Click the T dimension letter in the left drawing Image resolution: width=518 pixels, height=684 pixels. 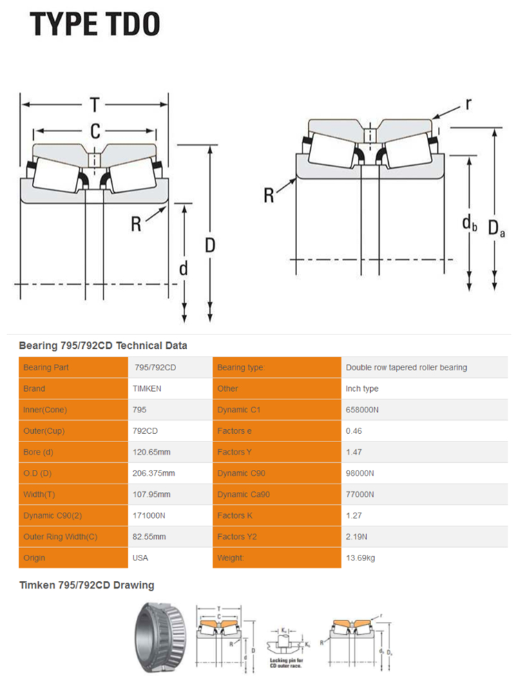pyautogui.click(x=95, y=105)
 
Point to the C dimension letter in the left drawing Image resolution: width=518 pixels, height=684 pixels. pyautogui.click(x=95, y=131)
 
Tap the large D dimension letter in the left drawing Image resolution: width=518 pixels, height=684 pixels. pyautogui.click(x=210, y=245)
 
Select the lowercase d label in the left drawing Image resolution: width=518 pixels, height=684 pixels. pyautogui.click(x=184, y=268)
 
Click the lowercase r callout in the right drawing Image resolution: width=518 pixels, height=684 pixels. pyautogui.click(x=468, y=104)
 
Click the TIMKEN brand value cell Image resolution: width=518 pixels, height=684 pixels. pyautogui.click(x=147, y=388)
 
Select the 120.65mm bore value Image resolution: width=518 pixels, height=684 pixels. pyautogui.click(x=150, y=452)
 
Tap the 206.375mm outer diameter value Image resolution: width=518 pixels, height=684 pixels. pyautogui.click(x=153, y=473)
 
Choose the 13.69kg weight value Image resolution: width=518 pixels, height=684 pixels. pyautogui.click(x=361, y=558)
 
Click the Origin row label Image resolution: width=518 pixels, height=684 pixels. pyautogui.click(x=34, y=558)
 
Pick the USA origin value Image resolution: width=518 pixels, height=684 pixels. pyautogui.click(x=140, y=558)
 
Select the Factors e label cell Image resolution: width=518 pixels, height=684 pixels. pyautogui.click(x=236, y=431)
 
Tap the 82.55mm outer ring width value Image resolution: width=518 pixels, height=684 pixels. pyautogui.click(x=149, y=536)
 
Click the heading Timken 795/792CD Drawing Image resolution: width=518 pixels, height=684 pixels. pyautogui.click(x=86, y=585)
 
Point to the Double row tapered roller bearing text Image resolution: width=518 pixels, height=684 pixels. pyautogui.click(x=406, y=368)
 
